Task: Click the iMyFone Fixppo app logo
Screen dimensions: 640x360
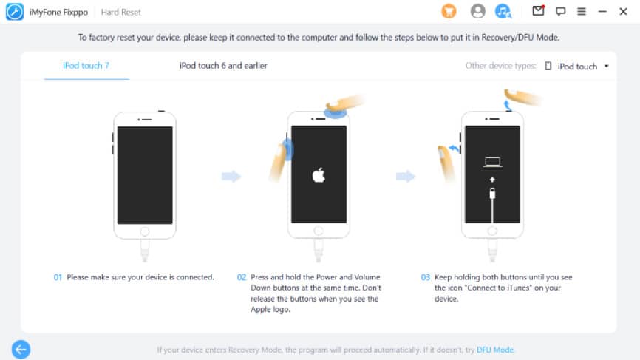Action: pyautogui.click(x=14, y=12)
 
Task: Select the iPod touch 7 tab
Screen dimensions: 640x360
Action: pyautogui.click(x=86, y=66)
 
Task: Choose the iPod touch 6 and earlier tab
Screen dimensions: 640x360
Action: pyautogui.click(x=223, y=66)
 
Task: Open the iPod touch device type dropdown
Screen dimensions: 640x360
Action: pyautogui.click(x=577, y=66)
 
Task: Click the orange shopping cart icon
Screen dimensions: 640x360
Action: pyautogui.click(x=449, y=11)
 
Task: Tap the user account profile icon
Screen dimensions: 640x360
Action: pyautogui.click(x=477, y=11)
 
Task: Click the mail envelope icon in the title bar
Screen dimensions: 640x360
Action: pyautogui.click(x=538, y=10)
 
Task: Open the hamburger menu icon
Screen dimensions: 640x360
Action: pyautogui.click(x=582, y=11)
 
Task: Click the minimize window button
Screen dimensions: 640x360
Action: pyautogui.click(x=602, y=11)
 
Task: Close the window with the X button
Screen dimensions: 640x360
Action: pyautogui.click(x=623, y=11)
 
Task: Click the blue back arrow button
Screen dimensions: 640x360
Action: pyautogui.click(x=21, y=350)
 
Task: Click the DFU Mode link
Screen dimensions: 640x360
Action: pyautogui.click(x=495, y=350)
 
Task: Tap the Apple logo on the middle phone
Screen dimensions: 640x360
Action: pyautogui.click(x=319, y=175)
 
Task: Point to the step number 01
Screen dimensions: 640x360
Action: pyautogui.click(x=58, y=277)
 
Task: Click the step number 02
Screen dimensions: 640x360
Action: pyautogui.click(x=242, y=277)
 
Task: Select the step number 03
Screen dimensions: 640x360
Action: pyautogui.click(x=425, y=277)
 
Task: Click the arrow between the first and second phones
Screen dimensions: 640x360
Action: pyautogui.click(x=231, y=177)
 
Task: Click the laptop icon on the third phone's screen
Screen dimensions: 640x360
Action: pyautogui.click(x=493, y=163)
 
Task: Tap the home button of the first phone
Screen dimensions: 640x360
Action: pyautogui.click(x=145, y=231)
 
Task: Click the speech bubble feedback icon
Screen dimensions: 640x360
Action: pyautogui.click(x=560, y=11)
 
